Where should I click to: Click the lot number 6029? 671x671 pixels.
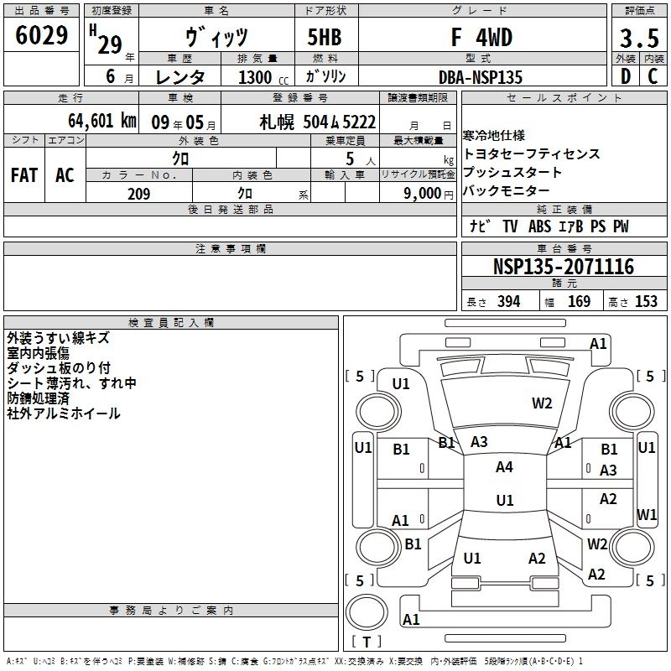[x=42, y=37]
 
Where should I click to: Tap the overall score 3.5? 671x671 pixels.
[x=638, y=39]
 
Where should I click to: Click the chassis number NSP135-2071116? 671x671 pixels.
[x=563, y=268]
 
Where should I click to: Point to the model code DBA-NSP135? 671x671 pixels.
[x=481, y=77]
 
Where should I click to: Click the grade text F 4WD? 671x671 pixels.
[x=481, y=38]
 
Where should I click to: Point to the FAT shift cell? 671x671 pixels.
[x=23, y=175]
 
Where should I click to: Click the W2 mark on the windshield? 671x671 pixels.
[x=542, y=403]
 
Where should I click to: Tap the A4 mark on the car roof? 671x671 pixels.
[x=504, y=467]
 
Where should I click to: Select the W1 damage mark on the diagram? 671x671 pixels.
[x=646, y=514]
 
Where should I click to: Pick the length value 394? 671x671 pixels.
[x=509, y=302]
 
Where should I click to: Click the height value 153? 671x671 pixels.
[x=646, y=302]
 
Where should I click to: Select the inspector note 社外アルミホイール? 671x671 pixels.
[x=64, y=414]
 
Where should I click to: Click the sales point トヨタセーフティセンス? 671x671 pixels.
[x=532, y=154]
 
